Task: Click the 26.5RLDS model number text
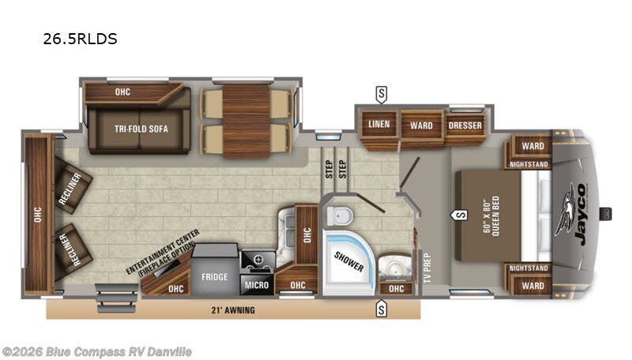tap(81, 39)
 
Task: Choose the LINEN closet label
tap(378, 125)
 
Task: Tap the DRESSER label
tap(465, 125)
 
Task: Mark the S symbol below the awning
tap(382, 309)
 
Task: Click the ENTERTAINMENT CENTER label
tap(164, 253)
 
